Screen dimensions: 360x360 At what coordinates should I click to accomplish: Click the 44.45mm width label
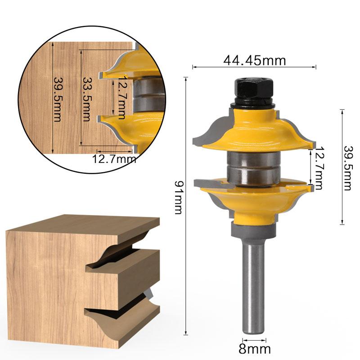254,60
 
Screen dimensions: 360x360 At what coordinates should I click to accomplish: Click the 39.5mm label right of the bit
347,168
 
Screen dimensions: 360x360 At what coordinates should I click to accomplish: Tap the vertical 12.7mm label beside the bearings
319,168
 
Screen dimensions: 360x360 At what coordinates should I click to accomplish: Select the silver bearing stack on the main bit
252,166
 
